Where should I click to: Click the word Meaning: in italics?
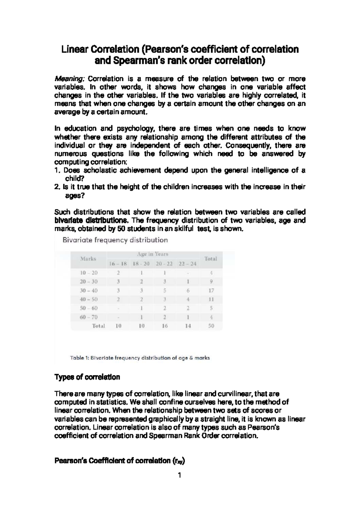click(x=70, y=79)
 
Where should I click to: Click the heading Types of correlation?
click(x=87, y=377)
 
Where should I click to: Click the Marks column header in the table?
click(x=88, y=259)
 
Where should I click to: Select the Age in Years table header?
click(x=153, y=254)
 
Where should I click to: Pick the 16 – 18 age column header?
click(x=118, y=264)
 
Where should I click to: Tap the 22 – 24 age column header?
click(x=187, y=264)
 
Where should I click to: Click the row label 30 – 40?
click(x=89, y=291)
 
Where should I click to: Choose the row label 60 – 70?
click(x=89, y=317)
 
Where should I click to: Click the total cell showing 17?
click(x=211, y=291)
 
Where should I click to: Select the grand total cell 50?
click(x=211, y=326)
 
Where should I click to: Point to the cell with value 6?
click(x=188, y=291)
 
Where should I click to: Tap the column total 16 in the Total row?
click(x=165, y=326)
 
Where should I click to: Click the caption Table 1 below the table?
click(x=140, y=358)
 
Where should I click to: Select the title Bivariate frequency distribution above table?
click(x=115, y=240)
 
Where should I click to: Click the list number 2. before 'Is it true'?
click(x=57, y=187)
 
